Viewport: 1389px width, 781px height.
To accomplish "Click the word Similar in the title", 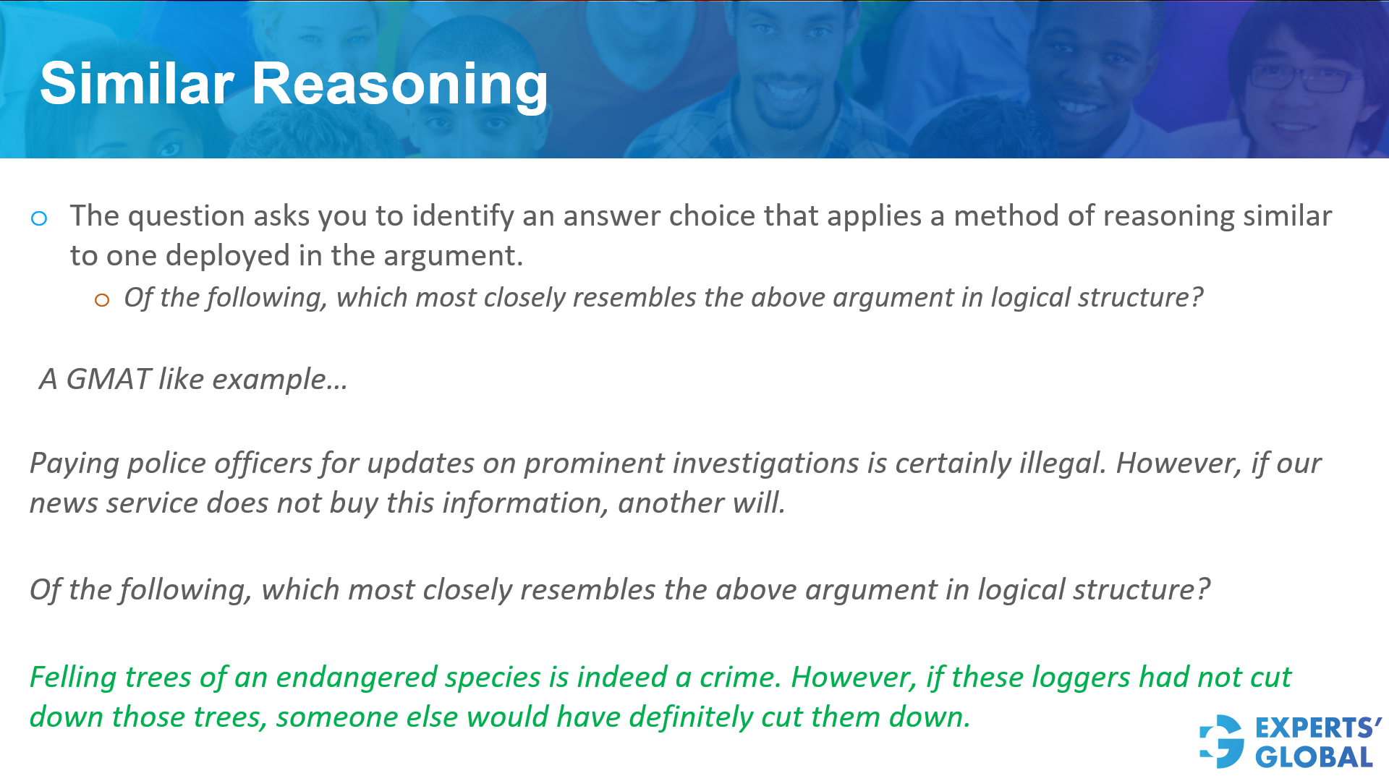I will click(137, 84).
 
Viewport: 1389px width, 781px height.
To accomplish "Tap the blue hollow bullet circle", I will click(39, 218).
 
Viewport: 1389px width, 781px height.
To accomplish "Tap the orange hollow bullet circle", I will click(102, 300).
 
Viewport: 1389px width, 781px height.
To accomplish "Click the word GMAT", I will click(108, 380).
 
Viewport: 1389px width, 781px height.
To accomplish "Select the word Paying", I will click(74, 464).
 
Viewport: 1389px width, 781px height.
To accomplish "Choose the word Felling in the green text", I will click(72, 678).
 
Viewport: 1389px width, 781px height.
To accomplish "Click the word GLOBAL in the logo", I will click(1314, 758).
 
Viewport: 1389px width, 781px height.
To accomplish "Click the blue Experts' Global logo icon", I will click(1222, 741).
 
